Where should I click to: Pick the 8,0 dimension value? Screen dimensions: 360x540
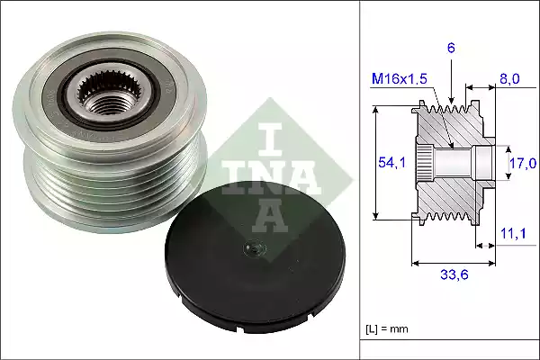pyautogui.click(x=510, y=79)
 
